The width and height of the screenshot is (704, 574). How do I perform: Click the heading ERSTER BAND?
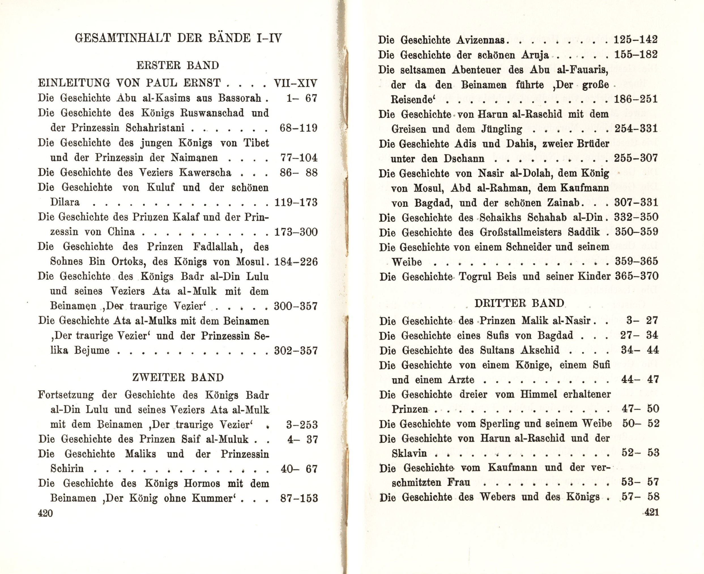[x=178, y=66]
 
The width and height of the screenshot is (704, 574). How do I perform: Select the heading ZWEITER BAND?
[x=178, y=377]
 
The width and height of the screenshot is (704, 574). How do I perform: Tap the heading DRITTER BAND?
[x=519, y=303]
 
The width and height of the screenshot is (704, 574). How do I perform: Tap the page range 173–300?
[x=296, y=232]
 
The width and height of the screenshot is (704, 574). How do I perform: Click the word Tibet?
[x=256, y=143]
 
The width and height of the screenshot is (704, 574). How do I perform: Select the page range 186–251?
[x=636, y=99]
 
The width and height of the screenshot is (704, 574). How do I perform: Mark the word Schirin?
[x=67, y=469]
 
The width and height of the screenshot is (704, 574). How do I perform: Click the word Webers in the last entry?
[x=497, y=497]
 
